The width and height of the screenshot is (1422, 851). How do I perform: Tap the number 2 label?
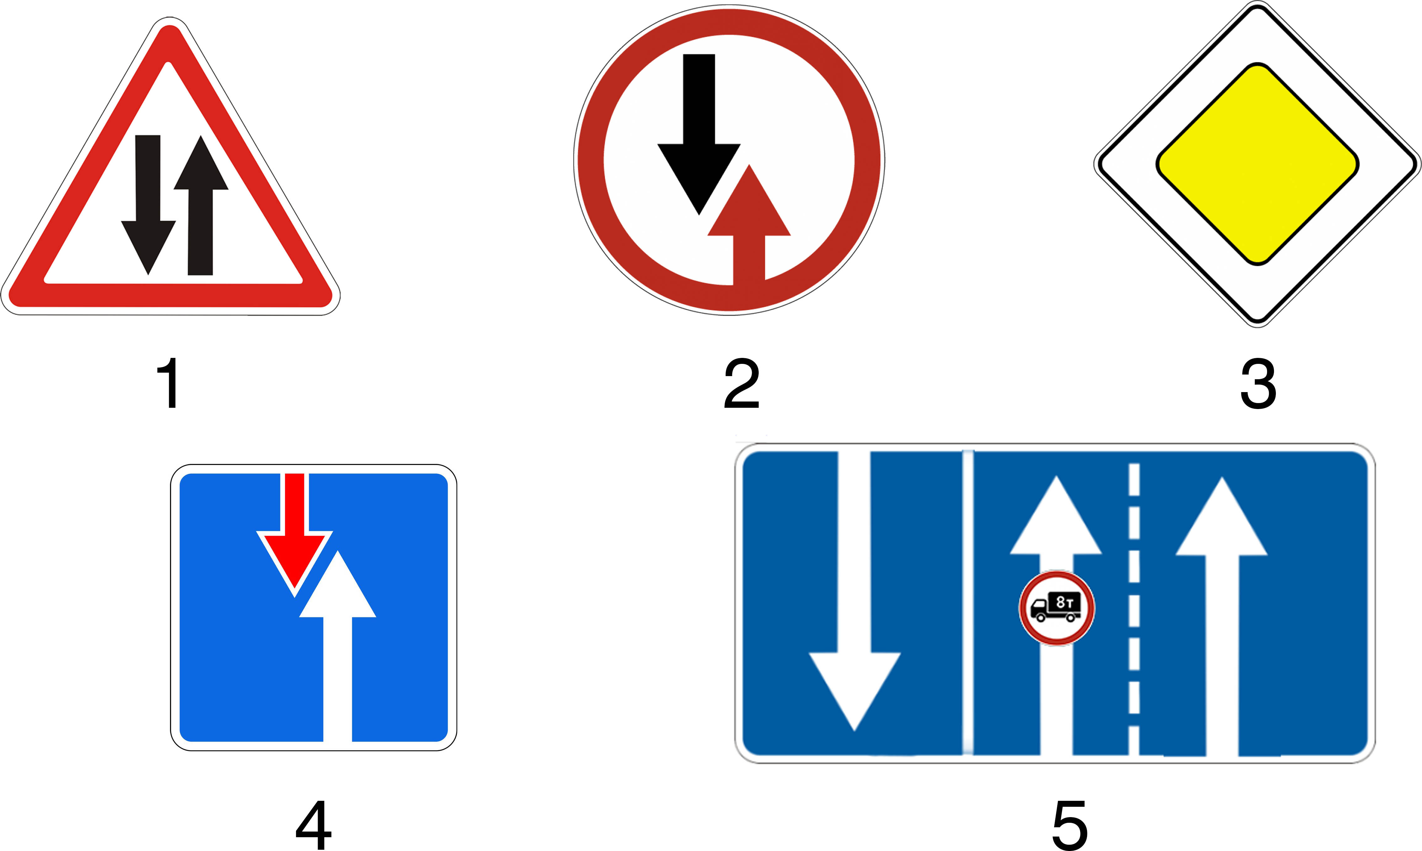pyautogui.click(x=742, y=383)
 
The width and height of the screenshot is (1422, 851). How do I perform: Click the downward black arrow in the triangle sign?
pyautogui.click(x=148, y=205)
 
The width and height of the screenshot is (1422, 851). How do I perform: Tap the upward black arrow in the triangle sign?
pyautogui.click(x=201, y=205)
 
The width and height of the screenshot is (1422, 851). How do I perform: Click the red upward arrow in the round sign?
pyautogui.click(x=749, y=225)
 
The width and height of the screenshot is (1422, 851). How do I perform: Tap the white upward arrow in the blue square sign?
pyautogui.click(x=338, y=646)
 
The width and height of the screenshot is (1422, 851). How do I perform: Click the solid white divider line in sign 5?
pyautogui.click(x=968, y=602)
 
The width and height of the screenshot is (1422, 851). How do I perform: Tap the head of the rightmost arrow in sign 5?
pyautogui.click(x=1221, y=516)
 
